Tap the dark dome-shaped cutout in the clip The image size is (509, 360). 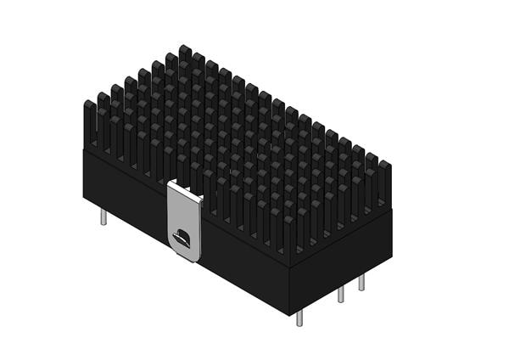tap(182, 237)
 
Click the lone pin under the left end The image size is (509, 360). tap(103, 217)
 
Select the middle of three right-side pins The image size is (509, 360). tap(341, 295)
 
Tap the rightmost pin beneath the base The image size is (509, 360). tap(361, 282)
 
